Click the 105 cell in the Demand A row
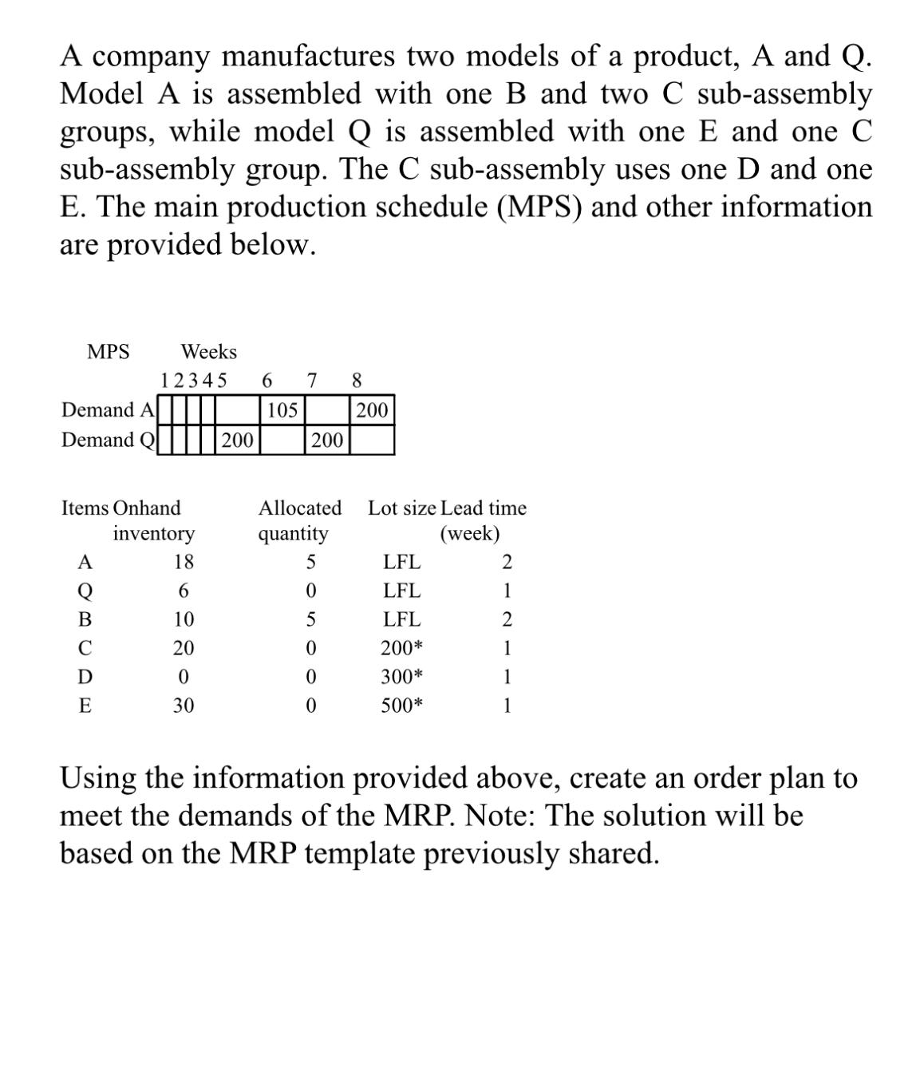(x=282, y=410)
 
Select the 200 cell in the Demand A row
(x=372, y=410)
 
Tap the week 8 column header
(x=357, y=380)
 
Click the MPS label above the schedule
(x=108, y=352)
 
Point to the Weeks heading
(x=209, y=352)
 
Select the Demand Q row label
(x=108, y=440)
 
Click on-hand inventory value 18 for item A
(x=184, y=562)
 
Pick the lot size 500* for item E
(x=401, y=705)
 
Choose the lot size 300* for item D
(x=401, y=677)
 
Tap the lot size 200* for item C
(x=401, y=648)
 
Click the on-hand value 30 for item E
(x=184, y=705)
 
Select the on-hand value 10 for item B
(x=184, y=619)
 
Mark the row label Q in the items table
(x=85, y=591)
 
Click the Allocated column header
(x=299, y=508)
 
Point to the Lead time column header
(x=484, y=508)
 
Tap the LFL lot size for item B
(x=401, y=619)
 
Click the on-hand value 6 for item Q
(x=184, y=591)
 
